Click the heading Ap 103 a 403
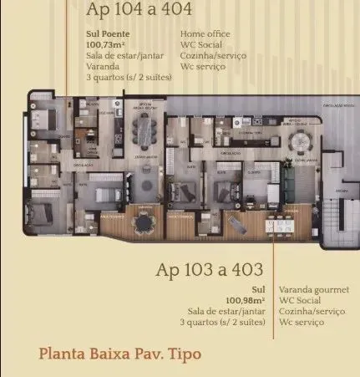click(x=210, y=270)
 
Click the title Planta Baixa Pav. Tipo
click(x=120, y=353)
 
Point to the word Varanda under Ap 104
click(x=104, y=67)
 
